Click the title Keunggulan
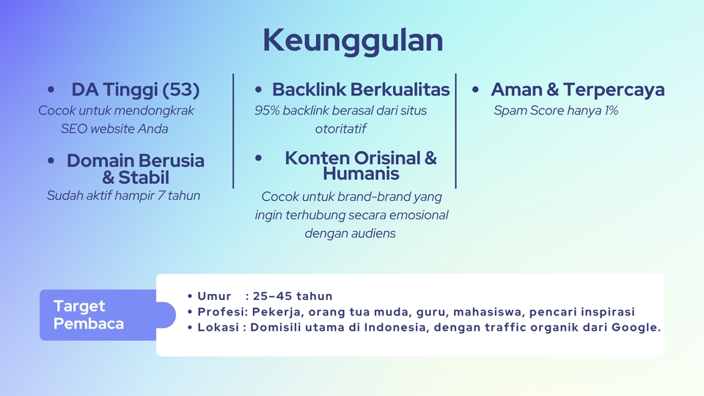pyautogui.click(x=353, y=40)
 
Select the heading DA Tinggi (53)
pyautogui.click(x=135, y=90)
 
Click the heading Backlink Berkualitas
pyautogui.click(x=360, y=90)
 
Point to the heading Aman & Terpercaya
pyautogui.click(x=577, y=90)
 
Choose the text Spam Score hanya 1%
pyautogui.click(x=556, y=111)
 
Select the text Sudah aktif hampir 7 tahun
pyautogui.click(x=123, y=196)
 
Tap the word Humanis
pyautogui.click(x=361, y=175)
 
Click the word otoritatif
pyautogui.click(x=340, y=129)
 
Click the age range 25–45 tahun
pyautogui.click(x=293, y=296)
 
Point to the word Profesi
pyautogui.click(x=221, y=312)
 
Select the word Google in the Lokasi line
pyautogui.click(x=636, y=327)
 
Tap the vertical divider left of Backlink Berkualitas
pyautogui.click(x=233, y=131)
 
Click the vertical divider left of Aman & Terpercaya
pyautogui.click(x=456, y=131)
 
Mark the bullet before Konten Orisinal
pyautogui.click(x=259, y=158)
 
